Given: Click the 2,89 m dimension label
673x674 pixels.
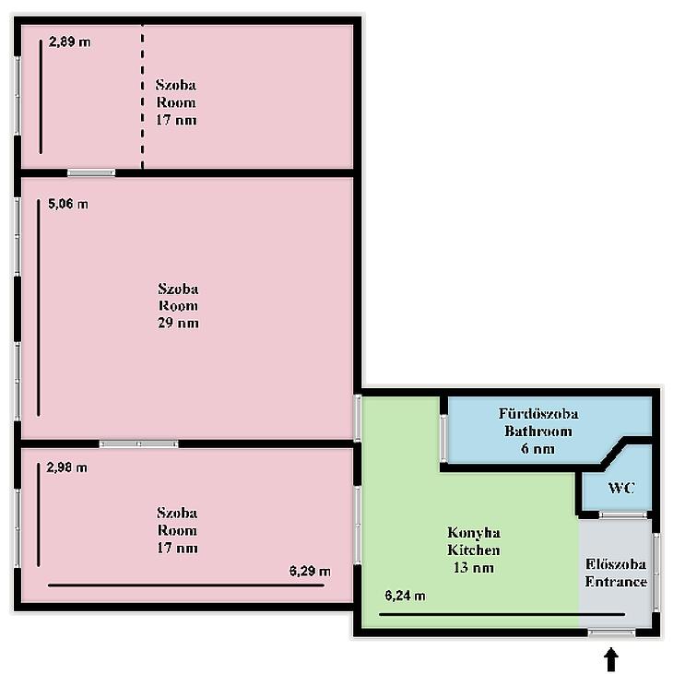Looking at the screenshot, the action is click(x=70, y=41).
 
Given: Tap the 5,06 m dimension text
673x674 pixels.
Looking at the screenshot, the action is click(x=68, y=204).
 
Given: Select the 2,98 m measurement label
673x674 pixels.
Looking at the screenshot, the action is click(x=66, y=467).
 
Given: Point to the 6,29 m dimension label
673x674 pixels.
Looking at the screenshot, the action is click(x=310, y=572).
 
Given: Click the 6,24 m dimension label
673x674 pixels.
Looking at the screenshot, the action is click(x=406, y=596).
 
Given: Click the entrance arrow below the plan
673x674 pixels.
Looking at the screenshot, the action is click(x=611, y=660).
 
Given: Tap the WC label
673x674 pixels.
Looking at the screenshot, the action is click(x=621, y=488).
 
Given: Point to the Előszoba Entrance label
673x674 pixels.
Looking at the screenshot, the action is click(x=616, y=573).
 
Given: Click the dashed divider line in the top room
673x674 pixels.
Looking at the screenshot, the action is click(x=142, y=97).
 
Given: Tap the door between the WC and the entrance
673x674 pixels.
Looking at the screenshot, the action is click(x=622, y=514).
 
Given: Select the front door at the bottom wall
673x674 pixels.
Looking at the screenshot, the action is click(x=611, y=633).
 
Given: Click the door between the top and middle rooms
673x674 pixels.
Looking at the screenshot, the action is click(x=91, y=172).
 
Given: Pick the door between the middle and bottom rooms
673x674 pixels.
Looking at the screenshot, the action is click(x=139, y=443).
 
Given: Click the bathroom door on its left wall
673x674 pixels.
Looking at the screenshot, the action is click(x=443, y=439).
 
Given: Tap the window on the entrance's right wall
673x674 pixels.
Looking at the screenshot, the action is click(x=655, y=572).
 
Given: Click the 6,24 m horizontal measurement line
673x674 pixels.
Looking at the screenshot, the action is click(x=502, y=615).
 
